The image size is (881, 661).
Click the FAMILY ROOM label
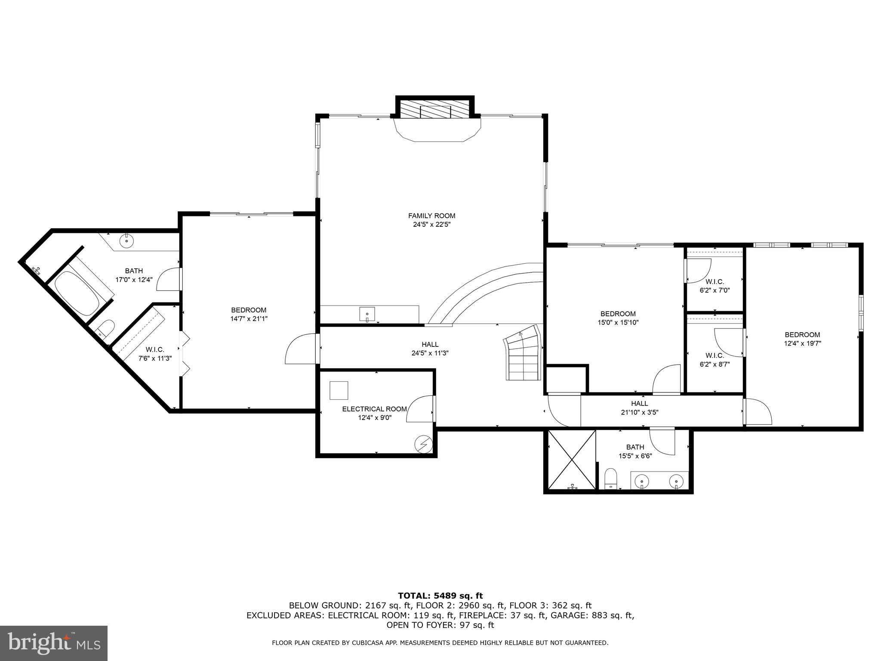click(431, 216)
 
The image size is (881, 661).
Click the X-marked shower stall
click(570, 460)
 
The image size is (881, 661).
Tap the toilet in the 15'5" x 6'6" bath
click(610, 479)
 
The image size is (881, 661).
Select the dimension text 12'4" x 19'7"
click(802, 343)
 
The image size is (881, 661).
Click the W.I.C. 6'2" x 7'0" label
click(715, 286)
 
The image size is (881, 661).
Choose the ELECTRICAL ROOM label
click(374, 409)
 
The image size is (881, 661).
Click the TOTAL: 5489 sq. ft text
click(440, 596)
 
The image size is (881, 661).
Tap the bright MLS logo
click(54, 643)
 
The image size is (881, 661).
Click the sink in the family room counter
click(367, 314)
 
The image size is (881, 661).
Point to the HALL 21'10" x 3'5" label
click(640, 408)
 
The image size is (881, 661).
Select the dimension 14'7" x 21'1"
click(248, 319)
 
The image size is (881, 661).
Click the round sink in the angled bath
click(127, 241)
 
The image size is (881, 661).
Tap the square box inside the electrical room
click(339, 390)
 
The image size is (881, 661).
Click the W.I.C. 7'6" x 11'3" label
click(155, 354)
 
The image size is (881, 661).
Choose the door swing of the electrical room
click(418, 409)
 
